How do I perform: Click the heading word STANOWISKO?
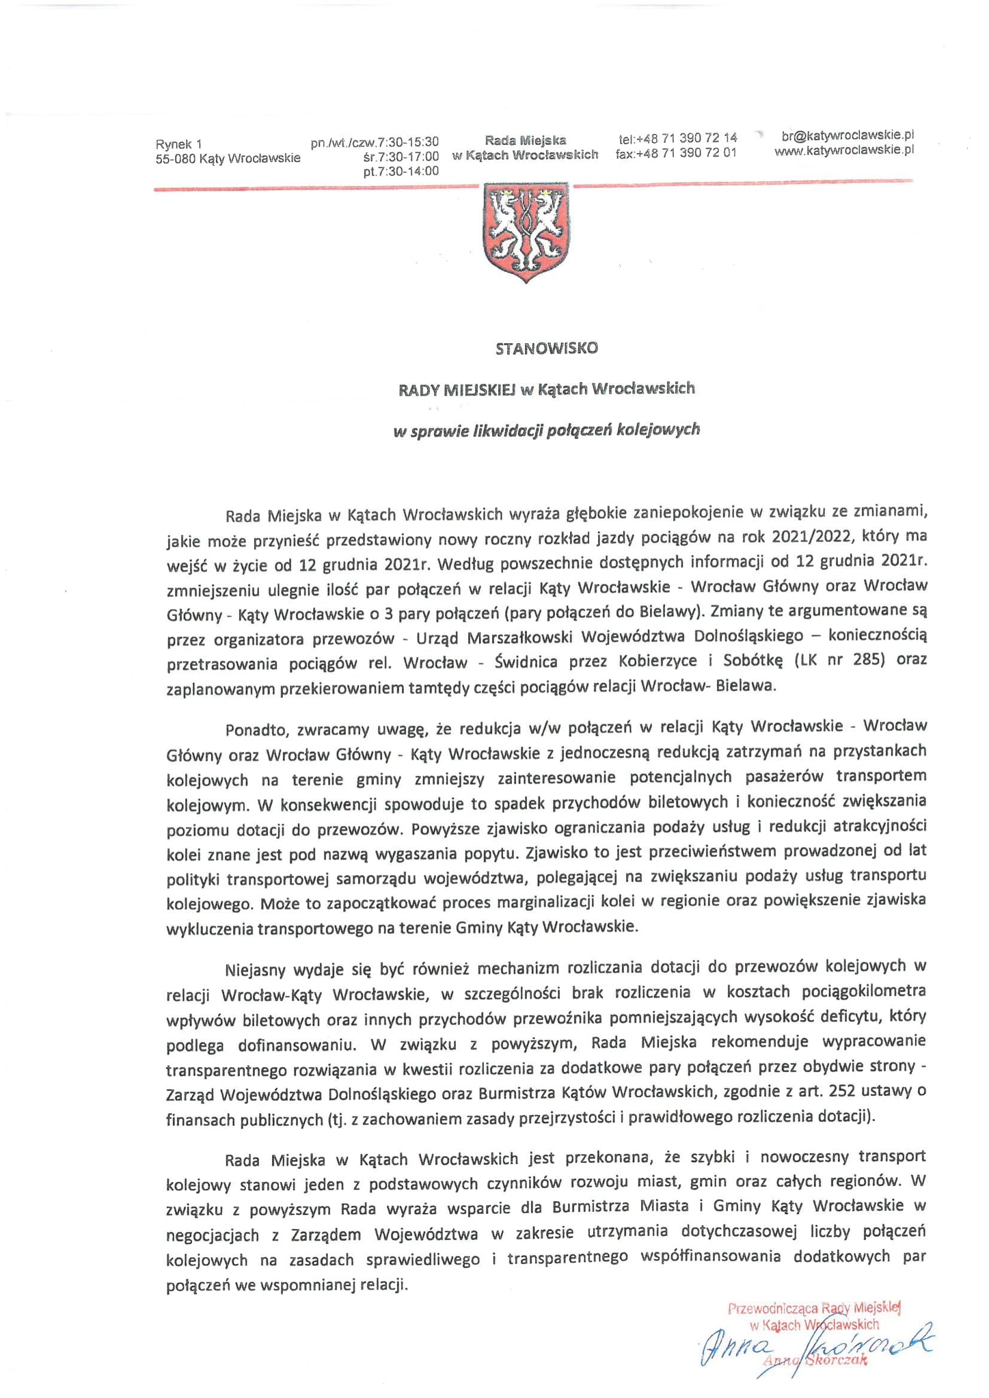pos(546,348)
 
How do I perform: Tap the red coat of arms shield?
pos(526,231)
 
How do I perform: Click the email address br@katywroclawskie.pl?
pos(848,135)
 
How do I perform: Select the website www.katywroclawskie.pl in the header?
pos(844,150)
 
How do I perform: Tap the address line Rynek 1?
pos(179,144)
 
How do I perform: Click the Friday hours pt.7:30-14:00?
pos(401,172)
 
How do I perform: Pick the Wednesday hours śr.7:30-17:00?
pos(401,157)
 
